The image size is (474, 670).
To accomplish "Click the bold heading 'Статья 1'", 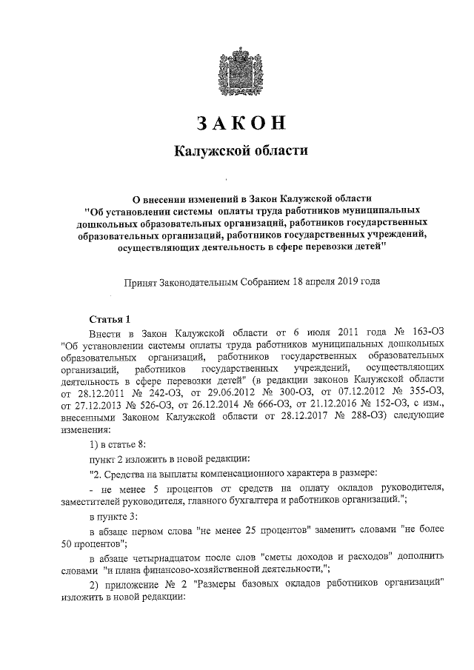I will coord(110,320).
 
